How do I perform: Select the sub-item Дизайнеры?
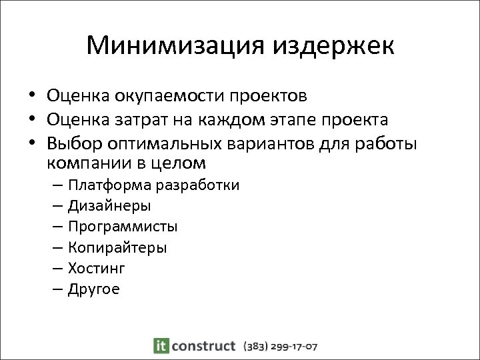(x=109, y=206)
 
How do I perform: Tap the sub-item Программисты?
(x=123, y=227)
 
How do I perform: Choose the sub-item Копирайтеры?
(x=117, y=247)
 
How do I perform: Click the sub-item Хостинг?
(x=96, y=268)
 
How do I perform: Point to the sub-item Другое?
(x=93, y=289)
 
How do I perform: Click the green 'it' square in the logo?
(x=161, y=345)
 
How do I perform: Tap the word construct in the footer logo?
(x=204, y=345)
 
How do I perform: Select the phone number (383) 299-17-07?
(x=281, y=346)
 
